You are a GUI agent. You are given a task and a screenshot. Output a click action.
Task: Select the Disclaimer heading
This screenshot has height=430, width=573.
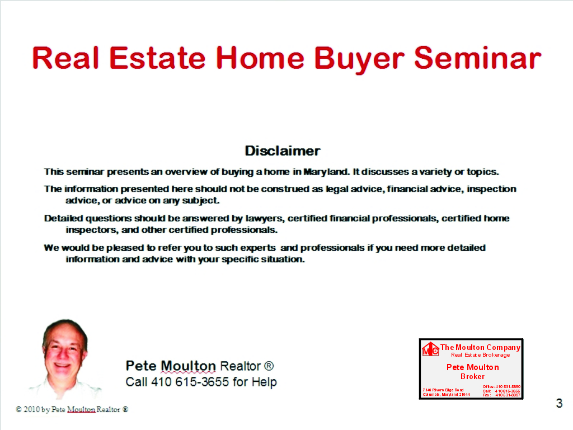coord(283,151)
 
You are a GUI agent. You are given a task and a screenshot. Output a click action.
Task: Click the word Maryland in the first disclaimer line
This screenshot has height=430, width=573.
coord(326,171)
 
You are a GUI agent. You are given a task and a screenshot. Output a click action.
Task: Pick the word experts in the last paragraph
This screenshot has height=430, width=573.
coord(256,247)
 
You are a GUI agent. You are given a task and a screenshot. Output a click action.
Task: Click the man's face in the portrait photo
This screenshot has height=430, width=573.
coord(63,352)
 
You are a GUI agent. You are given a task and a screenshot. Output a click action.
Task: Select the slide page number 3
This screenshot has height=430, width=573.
coord(558,403)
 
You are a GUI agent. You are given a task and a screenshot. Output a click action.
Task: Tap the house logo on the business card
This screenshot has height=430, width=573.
coord(430,349)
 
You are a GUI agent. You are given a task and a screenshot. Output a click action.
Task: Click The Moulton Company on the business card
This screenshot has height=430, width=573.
coord(480,347)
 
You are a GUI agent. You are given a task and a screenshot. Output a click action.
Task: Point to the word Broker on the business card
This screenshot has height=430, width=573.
coord(472,376)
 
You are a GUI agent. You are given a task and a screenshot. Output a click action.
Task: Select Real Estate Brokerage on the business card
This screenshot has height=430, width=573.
coord(480,355)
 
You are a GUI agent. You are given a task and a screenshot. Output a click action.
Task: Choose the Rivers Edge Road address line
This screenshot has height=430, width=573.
coord(443,390)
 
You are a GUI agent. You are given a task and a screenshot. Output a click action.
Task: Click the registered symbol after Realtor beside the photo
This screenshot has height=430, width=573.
coord(269,366)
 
